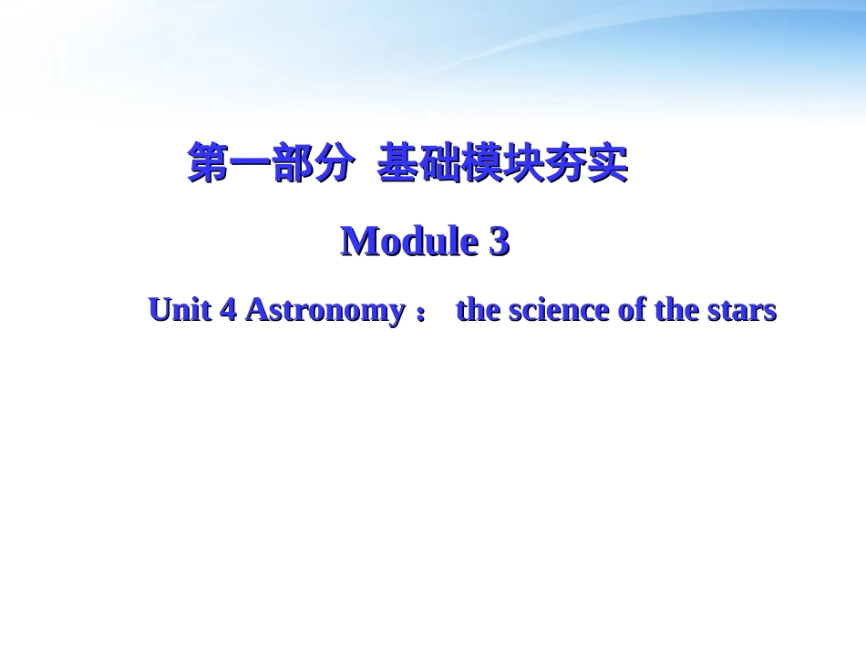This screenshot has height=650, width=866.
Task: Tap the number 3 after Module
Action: point(499,242)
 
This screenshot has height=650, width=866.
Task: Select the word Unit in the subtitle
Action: point(180,310)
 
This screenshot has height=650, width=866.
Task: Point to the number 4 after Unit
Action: point(229,310)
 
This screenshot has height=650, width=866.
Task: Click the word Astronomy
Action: point(325,311)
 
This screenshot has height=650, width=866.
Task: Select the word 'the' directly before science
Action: point(479,310)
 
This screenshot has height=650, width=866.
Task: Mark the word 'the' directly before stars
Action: point(677,310)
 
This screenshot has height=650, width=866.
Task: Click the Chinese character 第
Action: point(208,163)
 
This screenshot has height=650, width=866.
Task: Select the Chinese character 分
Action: point(334,163)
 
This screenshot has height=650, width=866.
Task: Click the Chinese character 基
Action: point(397,163)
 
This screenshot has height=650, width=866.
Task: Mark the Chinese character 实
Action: point(607,163)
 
